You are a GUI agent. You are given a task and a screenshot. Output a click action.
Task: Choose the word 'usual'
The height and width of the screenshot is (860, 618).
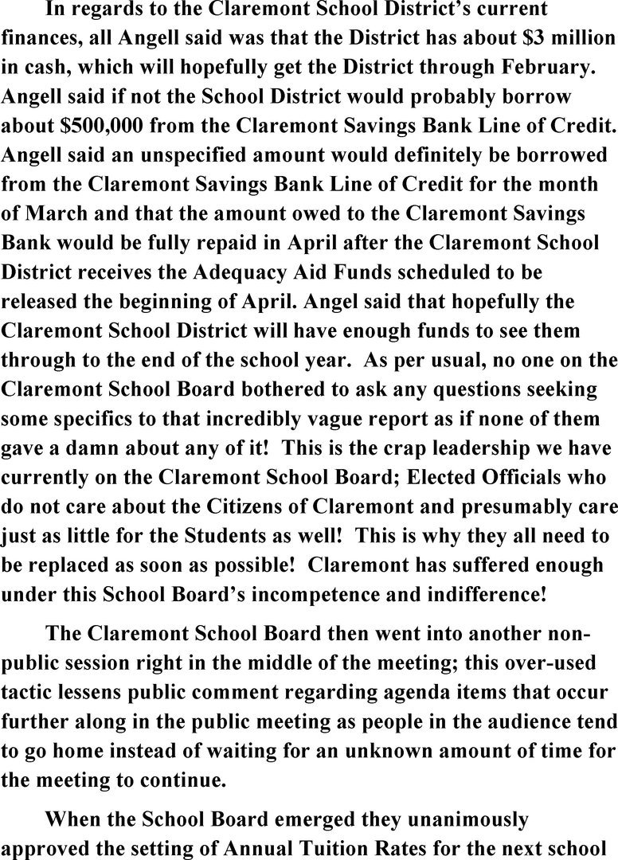pyautogui.click(x=465, y=359)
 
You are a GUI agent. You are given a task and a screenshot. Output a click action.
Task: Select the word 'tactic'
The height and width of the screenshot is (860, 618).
pyautogui.click(x=29, y=690)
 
